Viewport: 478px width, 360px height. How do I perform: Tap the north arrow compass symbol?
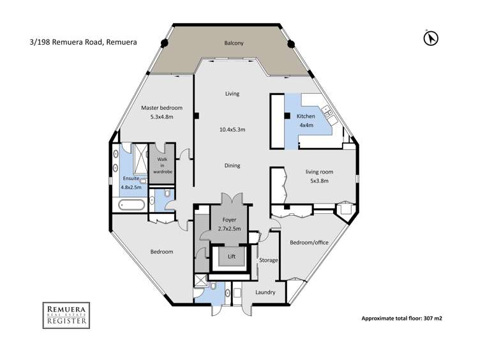(431, 38)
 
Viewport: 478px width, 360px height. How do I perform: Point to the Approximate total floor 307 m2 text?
(401, 317)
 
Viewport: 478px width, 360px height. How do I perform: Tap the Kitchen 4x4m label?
(306, 120)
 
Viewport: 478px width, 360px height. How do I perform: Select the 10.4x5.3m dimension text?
(232, 130)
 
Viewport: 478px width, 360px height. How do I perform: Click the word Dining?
(232, 166)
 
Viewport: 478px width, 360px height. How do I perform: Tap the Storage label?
(269, 260)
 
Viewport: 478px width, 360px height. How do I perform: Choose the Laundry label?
(264, 292)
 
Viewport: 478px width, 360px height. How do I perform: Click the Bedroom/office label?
(309, 243)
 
